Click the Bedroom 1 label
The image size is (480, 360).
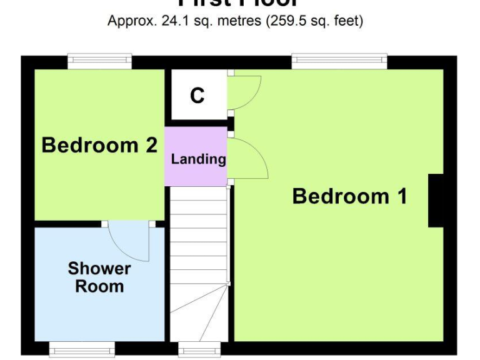(x=349, y=196)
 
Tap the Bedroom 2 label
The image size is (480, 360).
(x=99, y=146)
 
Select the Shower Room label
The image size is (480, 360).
(x=99, y=277)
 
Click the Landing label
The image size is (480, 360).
(x=198, y=159)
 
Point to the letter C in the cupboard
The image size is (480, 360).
(x=197, y=96)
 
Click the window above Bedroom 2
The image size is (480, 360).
(x=100, y=61)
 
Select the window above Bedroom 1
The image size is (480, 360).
(x=339, y=61)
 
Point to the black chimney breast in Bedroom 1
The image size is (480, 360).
(x=436, y=200)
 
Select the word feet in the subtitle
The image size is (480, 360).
(x=347, y=21)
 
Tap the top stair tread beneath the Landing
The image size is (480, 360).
(x=199, y=192)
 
